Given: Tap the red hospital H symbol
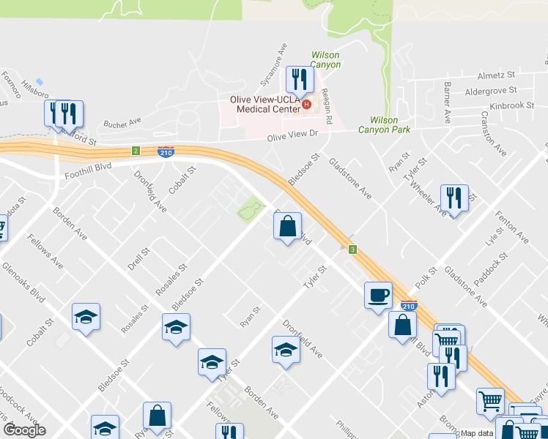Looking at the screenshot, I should (307, 105).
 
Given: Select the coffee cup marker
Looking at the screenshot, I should (378, 296).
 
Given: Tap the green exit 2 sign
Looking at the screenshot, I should (136, 151).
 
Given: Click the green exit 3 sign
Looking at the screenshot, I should (353, 249).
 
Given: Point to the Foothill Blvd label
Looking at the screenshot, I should (88, 167).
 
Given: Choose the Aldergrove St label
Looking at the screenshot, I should (491, 91).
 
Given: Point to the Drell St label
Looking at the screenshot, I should (139, 260).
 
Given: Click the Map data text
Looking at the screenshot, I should (476, 433).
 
